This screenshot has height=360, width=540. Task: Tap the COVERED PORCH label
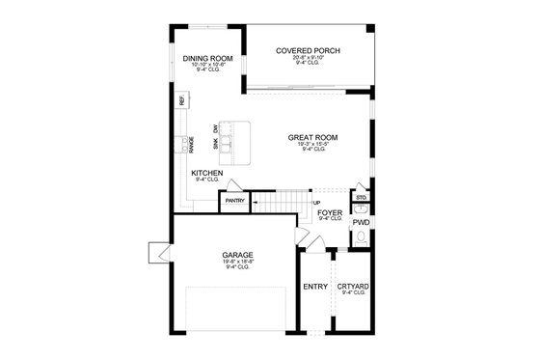(x=308, y=50)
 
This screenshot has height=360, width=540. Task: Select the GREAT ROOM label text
(x=312, y=137)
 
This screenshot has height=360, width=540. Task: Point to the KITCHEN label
(x=206, y=174)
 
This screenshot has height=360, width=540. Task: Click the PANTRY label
(x=234, y=202)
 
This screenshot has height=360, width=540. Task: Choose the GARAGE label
(x=237, y=255)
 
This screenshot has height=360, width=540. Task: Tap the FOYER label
(x=330, y=211)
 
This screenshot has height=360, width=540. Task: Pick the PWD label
(x=361, y=223)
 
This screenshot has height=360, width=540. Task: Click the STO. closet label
(x=361, y=197)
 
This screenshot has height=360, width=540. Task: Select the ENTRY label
(x=314, y=286)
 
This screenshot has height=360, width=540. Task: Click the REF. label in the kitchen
(x=181, y=100)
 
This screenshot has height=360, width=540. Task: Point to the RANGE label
(x=192, y=145)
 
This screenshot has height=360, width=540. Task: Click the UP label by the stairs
(x=316, y=203)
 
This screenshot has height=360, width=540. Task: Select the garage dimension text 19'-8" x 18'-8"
(x=237, y=263)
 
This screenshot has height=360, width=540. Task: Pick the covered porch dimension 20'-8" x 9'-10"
(x=308, y=59)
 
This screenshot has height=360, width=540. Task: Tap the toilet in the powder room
(x=361, y=209)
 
